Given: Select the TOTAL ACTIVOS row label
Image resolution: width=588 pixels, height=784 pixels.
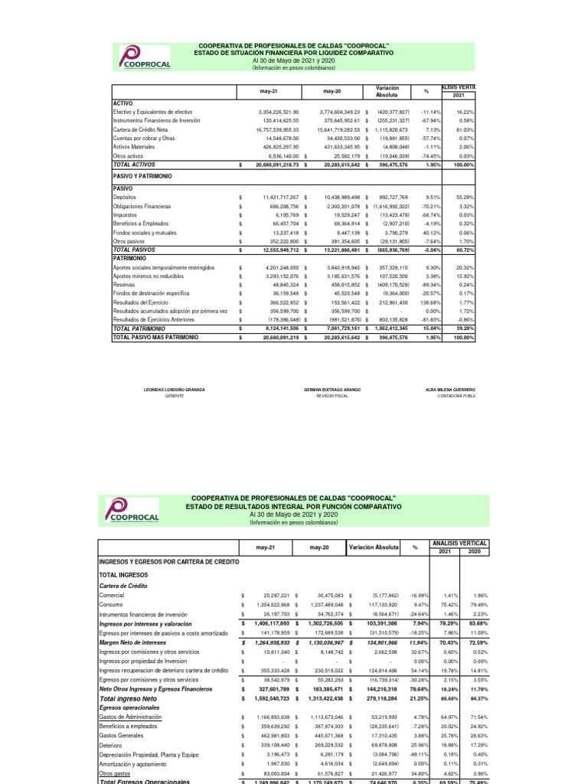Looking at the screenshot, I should pos(133,164).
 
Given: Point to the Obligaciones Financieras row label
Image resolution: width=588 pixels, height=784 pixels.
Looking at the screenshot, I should pos(142,207).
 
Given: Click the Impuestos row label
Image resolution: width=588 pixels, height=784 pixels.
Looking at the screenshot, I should pos(126,215).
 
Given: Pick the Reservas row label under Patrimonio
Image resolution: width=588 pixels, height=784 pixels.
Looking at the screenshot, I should pos(124,284).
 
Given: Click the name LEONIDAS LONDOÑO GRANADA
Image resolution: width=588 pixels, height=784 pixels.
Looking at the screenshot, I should pos(175,390).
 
